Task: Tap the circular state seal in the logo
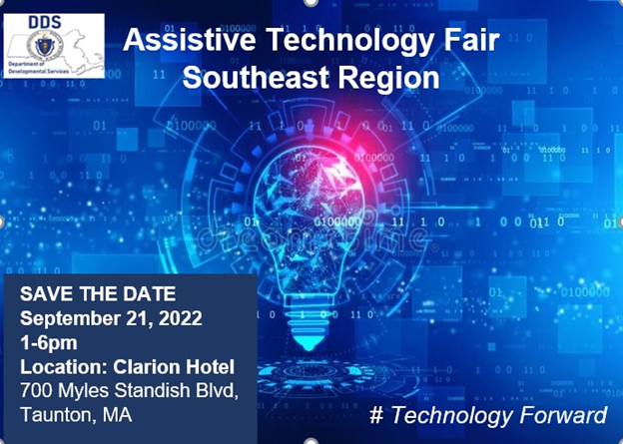point(41,46)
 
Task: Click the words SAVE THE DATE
point(98,295)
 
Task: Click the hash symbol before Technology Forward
point(375,414)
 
